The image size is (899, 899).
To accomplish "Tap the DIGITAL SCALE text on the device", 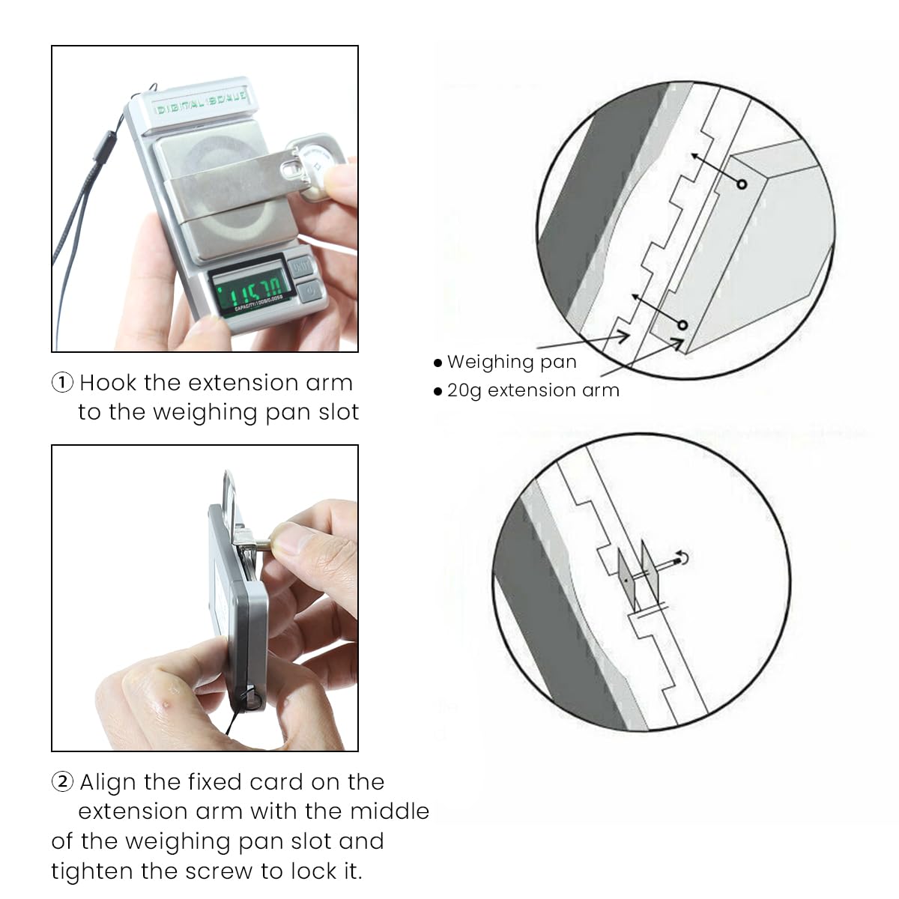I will point(205,100).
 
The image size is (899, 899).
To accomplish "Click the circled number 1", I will point(62,383).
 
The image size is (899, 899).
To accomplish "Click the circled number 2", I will point(62,782).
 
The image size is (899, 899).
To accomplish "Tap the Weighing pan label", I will point(512,362).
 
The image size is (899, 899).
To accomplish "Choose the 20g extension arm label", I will point(533,390).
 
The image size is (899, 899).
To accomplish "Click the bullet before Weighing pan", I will point(438,363).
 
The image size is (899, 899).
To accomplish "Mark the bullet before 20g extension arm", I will point(438,392).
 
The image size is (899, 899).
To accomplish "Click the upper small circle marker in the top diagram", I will point(742,184).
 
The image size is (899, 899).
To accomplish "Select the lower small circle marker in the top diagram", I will point(682,324).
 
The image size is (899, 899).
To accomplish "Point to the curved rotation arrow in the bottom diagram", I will point(680,557).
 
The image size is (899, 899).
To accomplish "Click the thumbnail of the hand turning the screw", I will point(205,598).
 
